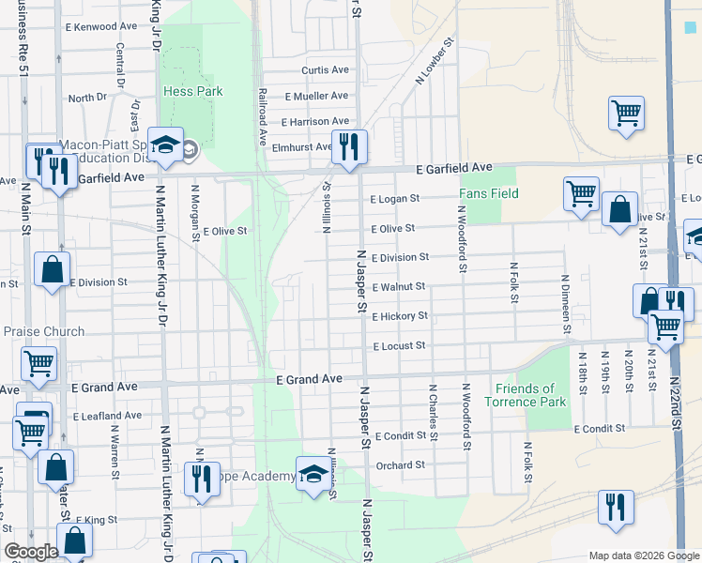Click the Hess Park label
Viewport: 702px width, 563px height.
pos(192,92)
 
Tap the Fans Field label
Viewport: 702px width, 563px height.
pos(489,194)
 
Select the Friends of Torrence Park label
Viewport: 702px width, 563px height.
pos(526,395)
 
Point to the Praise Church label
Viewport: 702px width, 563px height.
pos(43,331)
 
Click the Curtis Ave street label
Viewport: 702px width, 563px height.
pos(325,70)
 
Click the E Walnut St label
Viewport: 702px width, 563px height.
pos(399,287)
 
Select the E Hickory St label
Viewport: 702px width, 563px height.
pos(400,317)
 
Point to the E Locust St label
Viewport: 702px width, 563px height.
pos(400,346)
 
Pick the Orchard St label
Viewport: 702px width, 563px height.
pos(400,464)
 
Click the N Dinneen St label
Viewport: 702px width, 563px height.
pos(566,303)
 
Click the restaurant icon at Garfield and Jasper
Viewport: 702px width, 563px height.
pos(349,146)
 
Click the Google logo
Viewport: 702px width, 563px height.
pos(31,552)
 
